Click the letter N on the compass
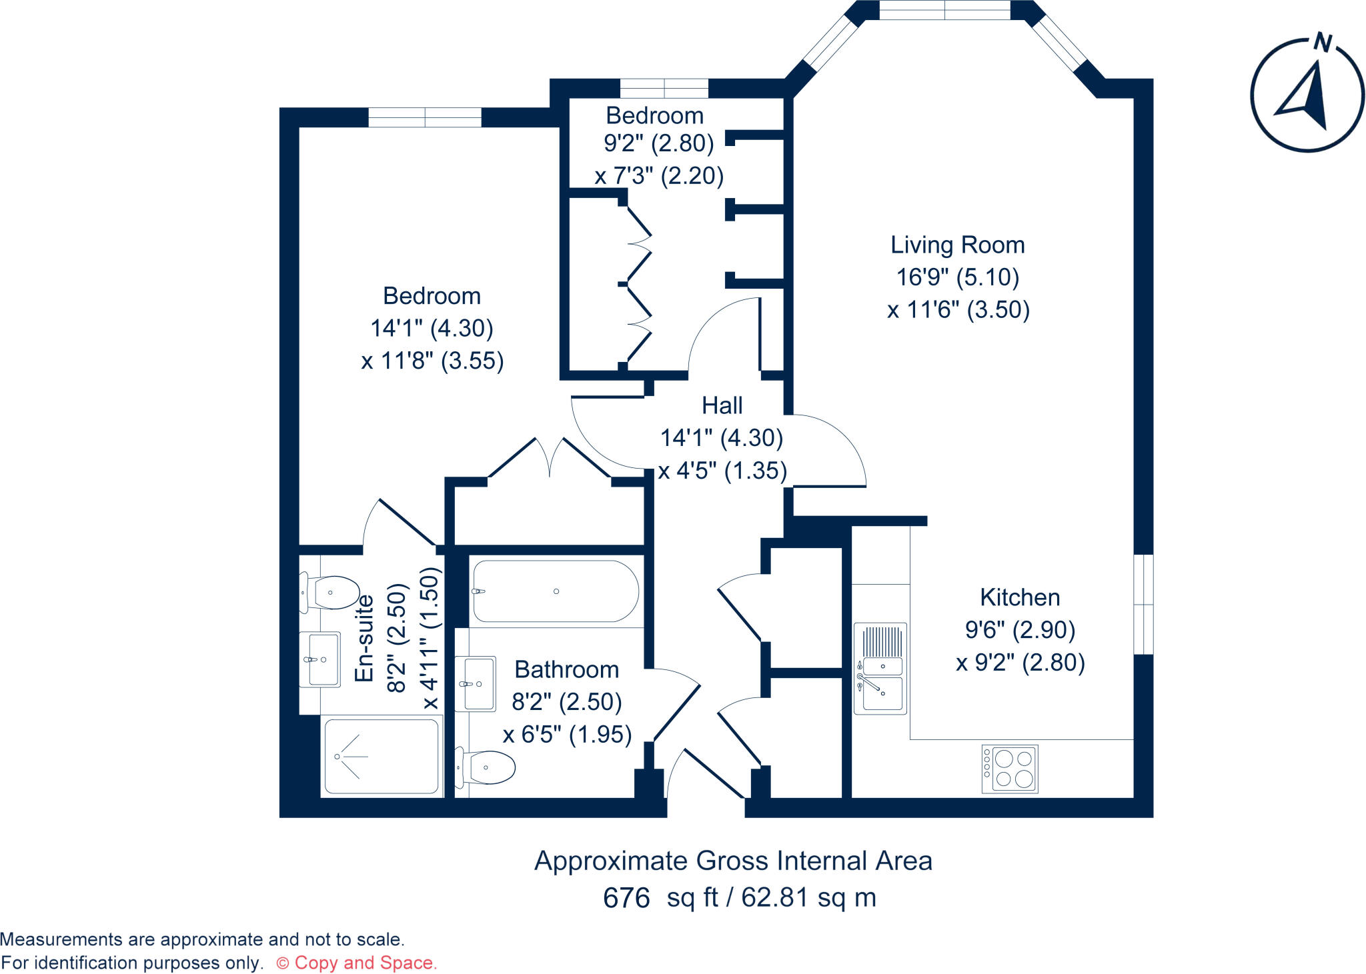[x=1322, y=43]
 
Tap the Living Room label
[x=957, y=245]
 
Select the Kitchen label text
[x=1019, y=597]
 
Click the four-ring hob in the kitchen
[x=1009, y=769]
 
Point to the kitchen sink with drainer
[x=880, y=668]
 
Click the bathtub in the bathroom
[x=556, y=591]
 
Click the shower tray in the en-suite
[x=382, y=757]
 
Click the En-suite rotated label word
[x=364, y=639]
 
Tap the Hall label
[x=722, y=405]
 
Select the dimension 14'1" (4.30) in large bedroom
[x=432, y=328]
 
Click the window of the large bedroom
[x=425, y=117]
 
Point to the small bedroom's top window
[x=664, y=88]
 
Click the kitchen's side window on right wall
[x=1143, y=604]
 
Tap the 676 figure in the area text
[x=626, y=898]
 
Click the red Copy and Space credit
[x=357, y=963]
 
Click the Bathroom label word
[x=566, y=669]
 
